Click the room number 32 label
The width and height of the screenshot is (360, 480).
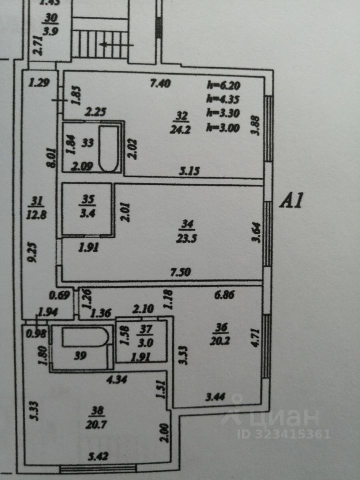[180, 116]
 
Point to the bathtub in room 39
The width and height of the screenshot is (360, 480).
[84, 337]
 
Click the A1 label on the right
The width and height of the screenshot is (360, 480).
[291, 200]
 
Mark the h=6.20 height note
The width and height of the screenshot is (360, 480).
[222, 85]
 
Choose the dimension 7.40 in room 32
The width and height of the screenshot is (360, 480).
[161, 84]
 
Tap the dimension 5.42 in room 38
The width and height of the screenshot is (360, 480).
[98, 456]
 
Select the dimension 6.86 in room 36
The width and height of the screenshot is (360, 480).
[224, 295]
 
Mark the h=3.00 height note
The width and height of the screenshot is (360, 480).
[222, 127]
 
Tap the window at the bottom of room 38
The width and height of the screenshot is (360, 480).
[98, 468]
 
